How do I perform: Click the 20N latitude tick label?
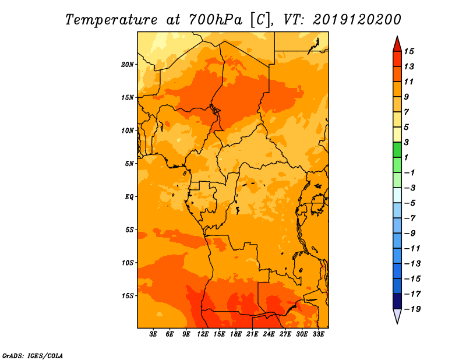[128, 65]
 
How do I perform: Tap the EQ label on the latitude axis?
[129, 197]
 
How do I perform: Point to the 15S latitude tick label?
[128, 296]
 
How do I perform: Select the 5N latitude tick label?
[129, 164]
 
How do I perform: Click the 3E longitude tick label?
[153, 334]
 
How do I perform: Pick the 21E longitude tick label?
[252, 334]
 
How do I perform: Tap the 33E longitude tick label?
[318, 334]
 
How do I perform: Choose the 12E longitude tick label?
[202, 334]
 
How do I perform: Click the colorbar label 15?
[409, 51]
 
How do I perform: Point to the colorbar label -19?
[412, 309]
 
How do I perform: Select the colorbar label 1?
[406, 157]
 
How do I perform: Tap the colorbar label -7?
[410, 218]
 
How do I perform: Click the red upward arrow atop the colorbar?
[397, 45]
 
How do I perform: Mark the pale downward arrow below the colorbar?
[397, 316]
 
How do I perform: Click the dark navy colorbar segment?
[397, 301]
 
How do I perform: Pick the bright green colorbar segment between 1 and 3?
[397, 150]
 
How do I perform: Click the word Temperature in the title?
[111, 20]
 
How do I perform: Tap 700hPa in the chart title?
[216, 20]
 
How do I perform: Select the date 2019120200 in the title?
[357, 20]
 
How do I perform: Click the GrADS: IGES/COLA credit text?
[33, 356]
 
